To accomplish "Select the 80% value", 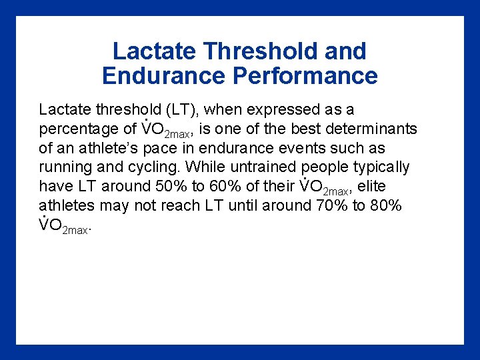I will (386, 206).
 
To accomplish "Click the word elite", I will (372, 187).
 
